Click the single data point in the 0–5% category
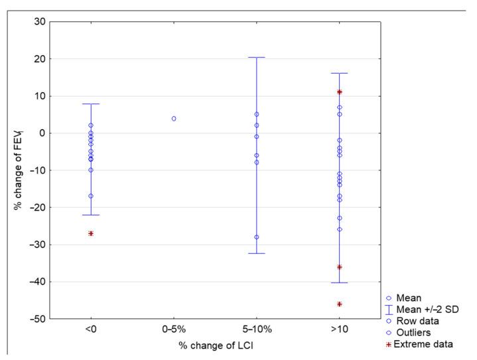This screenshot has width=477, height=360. point(174,119)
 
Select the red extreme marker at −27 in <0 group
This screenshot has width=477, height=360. point(91,233)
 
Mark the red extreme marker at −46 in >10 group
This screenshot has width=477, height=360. point(339,304)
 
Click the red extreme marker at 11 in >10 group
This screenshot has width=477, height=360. point(339,92)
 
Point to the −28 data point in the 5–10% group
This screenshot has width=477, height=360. point(256,237)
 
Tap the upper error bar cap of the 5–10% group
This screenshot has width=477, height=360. point(256,58)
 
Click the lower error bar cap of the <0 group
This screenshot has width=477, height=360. point(91,215)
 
